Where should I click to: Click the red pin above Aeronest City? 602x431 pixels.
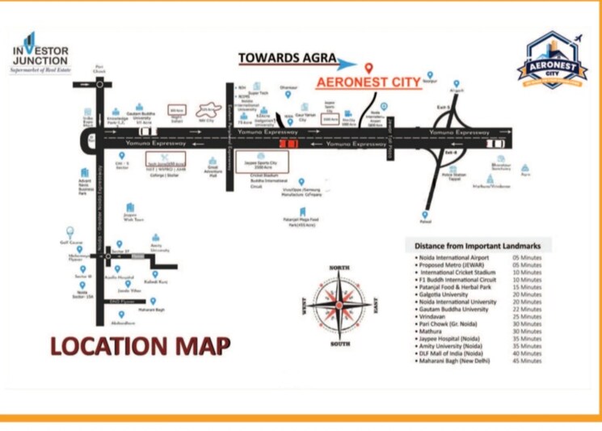368,68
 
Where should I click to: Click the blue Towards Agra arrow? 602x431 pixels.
345,63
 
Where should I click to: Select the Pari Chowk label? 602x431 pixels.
99,70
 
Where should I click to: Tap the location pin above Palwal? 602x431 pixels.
425,213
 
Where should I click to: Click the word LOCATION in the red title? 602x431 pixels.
102,345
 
